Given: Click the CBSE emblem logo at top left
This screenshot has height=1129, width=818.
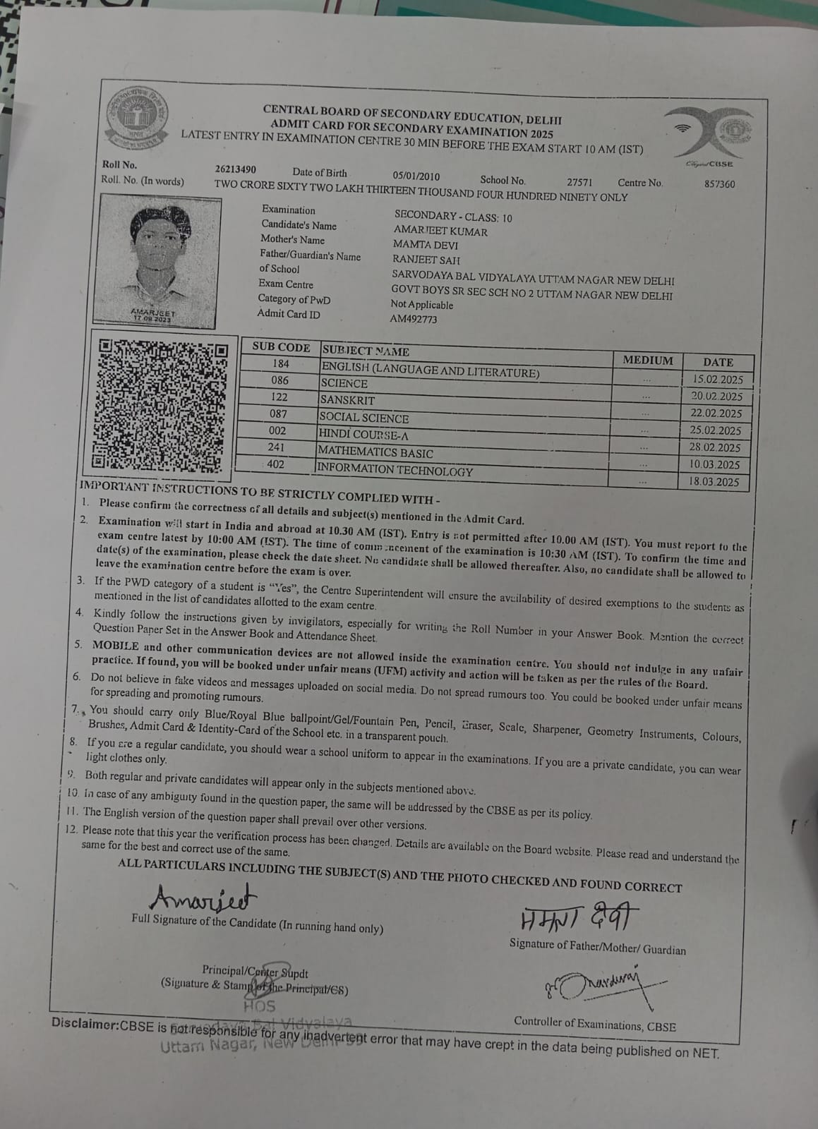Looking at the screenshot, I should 137,119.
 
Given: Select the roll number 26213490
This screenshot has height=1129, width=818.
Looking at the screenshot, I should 236,170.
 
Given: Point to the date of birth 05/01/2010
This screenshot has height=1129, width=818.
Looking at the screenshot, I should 416,176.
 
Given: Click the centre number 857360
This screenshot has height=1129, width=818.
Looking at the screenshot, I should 719,184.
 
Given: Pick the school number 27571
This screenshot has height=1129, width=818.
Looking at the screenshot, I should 579,181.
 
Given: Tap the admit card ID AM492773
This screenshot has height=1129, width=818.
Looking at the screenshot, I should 414,319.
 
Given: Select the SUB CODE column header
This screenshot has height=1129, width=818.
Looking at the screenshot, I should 281,347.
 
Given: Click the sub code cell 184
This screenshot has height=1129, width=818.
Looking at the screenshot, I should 280,363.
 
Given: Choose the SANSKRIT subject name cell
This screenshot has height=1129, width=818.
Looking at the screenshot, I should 347,400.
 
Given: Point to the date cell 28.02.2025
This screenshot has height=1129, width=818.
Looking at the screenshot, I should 715,447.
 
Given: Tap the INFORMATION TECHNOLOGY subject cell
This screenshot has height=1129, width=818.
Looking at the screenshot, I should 395,470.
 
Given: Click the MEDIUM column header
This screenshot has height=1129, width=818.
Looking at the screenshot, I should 647,361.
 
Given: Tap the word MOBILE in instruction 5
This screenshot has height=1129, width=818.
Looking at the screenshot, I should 115,646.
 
